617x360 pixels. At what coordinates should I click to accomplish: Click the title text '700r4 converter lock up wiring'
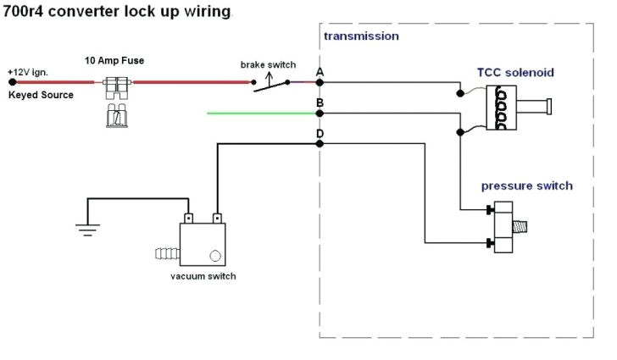point(116,12)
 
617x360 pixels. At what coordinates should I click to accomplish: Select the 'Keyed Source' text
point(41,95)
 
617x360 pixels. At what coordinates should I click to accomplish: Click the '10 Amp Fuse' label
point(114,61)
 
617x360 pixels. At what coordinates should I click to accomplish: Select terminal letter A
point(320,73)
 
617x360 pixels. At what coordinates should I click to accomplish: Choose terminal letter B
point(320,102)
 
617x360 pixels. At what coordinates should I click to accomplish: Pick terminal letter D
point(320,134)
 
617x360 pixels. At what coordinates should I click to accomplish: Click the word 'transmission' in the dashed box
point(361,36)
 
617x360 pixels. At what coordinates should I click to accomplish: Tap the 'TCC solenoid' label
point(515,73)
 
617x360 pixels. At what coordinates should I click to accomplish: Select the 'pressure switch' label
point(526,186)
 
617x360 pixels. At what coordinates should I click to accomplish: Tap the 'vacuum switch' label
point(203,276)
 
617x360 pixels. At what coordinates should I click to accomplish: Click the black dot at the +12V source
point(12,83)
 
